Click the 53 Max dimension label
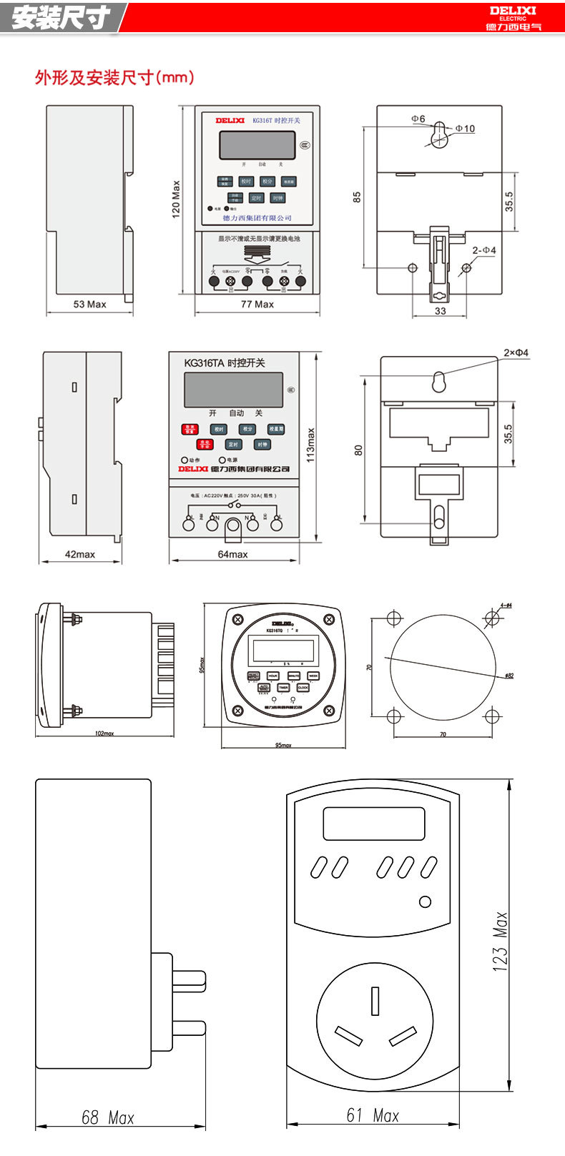(x=89, y=305)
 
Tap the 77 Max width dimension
(x=257, y=305)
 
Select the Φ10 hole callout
(x=465, y=129)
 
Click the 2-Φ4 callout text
(x=484, y=250)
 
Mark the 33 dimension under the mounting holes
(x=441, y=311)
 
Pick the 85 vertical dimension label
(x=357, y=197)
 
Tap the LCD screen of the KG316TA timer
(x=233, y=390)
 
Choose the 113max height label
(x=310, y=445)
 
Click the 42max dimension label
(x=80, y=554)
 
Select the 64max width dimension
(x=233, y=554)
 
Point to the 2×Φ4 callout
(x=516, y=353)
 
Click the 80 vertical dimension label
(x=358, y=450)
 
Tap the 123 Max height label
(x=500, y=940)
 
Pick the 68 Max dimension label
(x=108, y=1117)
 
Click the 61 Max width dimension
(x=373, y=1115)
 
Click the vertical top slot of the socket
(x=375, y=1001)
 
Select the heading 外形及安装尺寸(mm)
(x=114, y=77)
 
